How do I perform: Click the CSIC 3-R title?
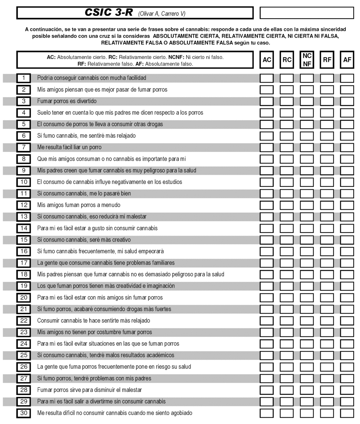(109, 13)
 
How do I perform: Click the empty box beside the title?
(307, 13)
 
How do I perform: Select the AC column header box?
(267, 60)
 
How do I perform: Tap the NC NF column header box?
(307, 60)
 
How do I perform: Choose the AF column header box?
(347, 60)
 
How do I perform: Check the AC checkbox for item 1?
(266, 78)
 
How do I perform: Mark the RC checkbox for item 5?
(287, 124)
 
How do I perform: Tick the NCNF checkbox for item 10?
(307, 182)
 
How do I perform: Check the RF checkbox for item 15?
(327, 240)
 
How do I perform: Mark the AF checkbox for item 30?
(347, 413)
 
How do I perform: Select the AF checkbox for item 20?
(347, 298)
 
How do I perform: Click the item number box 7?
(24, 147)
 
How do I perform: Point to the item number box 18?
(24, 274)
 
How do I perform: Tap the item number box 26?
(24, 367)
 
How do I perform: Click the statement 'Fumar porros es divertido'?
(67, 101)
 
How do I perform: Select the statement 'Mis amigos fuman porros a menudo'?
(79, 205)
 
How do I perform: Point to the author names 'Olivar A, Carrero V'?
(162, 14)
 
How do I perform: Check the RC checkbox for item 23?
(287, 332)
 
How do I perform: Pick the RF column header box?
(327, 60)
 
